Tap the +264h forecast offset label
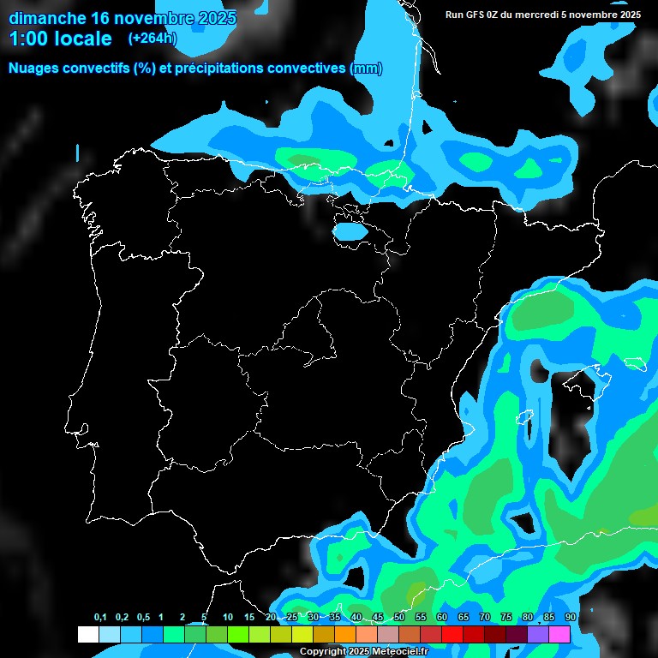[x=152, y=39]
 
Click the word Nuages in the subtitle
[x=33, y=69]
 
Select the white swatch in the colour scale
[x=87, y=634]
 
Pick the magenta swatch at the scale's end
[x=559, y=634]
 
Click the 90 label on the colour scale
[x=571, y=618]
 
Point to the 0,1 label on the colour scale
[x=99, y=618]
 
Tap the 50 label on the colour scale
[x=399, y=618]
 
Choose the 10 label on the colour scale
[x=228, y=618]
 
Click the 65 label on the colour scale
[x=464, y=618]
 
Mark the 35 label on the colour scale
[x=335, y=618]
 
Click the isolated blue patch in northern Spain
[x=350, y=230]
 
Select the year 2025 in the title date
[x=217, y=17]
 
